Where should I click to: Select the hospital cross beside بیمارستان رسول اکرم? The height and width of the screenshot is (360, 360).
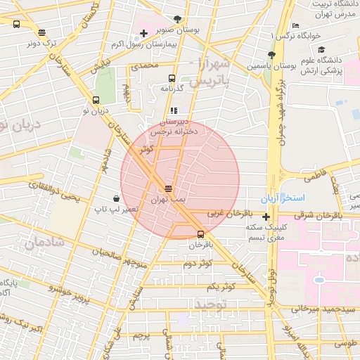[143, 33]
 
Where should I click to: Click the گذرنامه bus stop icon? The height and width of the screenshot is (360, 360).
[171, 79]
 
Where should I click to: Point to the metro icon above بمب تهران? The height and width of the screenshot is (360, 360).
[168, 188]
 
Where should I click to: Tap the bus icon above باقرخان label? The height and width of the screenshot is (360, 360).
[201, 234]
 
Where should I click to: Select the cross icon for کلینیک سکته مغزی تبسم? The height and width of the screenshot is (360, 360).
[266, 217]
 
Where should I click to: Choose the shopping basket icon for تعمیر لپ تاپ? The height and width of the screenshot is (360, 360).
[115, 199]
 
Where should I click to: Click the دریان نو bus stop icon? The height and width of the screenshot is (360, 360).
[96, 100]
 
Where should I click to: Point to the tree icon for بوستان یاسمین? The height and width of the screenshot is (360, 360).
[271, 55]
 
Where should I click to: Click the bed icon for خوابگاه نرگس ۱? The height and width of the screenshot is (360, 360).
[295, 25]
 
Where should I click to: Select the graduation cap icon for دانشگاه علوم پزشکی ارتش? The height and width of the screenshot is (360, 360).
[321, 50]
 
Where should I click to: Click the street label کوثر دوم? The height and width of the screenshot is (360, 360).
[198, 264]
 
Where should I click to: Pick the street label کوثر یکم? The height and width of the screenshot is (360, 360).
[221, 286]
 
